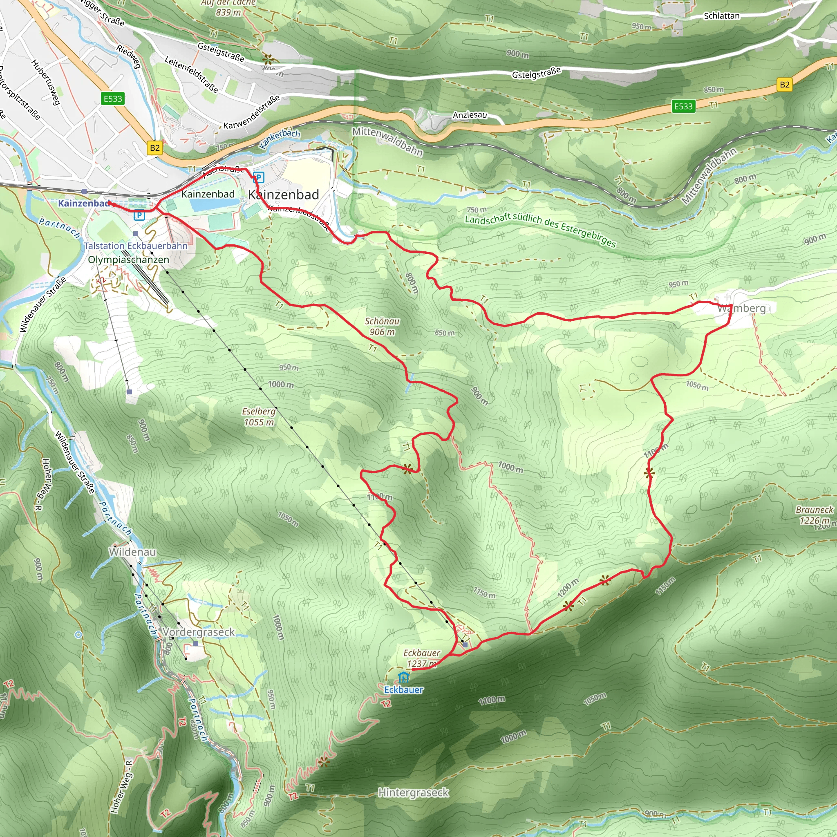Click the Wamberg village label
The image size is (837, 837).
pos(742,309)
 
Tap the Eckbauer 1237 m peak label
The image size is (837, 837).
pos(421,658)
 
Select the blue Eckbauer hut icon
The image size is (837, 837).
pos(403,677)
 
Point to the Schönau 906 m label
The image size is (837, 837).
pos(382,327)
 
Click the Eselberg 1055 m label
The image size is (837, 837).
pos(259,416)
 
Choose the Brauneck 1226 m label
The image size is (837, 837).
pos(815,515)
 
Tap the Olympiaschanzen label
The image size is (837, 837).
pos(128,260)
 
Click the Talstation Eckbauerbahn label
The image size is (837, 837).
pos(136,246)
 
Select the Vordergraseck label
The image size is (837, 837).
pos(198,632)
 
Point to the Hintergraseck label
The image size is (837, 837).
pos(413,793)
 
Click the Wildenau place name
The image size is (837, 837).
pos(132,552)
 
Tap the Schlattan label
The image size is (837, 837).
pos(721,16)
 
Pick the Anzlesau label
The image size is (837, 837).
pos(470,115)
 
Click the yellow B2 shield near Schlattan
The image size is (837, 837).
pos(785,85)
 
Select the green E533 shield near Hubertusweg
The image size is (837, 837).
pos(113,99)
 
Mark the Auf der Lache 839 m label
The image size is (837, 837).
pos(228,7)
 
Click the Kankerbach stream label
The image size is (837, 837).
pos(280,138)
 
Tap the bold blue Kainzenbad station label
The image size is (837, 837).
pos(84,203)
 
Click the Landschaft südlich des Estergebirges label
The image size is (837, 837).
pos(540,230)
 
